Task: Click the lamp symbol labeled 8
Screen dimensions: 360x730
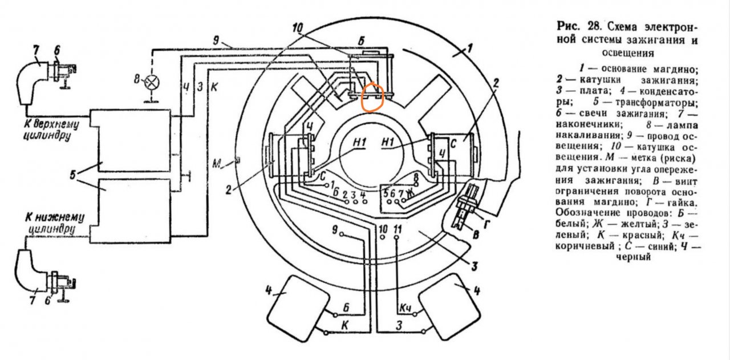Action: [151, 81]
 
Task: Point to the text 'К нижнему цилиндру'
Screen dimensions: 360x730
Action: [55, 222]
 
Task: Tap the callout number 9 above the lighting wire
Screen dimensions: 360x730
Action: [216, 42]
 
